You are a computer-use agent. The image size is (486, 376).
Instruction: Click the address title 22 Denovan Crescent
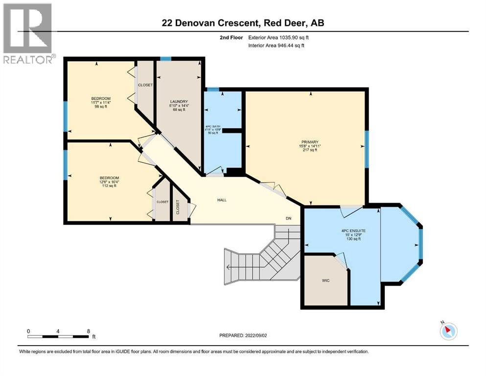pyautogui.click(x=242, y=23)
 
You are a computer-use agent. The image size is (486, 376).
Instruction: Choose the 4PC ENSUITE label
pyautogui.click(x=354, y=231)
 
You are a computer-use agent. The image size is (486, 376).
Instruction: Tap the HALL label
pyautogui.click(x=222, y=200)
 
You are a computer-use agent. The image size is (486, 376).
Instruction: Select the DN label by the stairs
pyautogui.click(x=289, y=218)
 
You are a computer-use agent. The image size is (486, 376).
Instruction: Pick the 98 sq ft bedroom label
pyautogui.click(x=100, y=102)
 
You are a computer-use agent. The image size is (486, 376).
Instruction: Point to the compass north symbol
pyautogui.click(x=448, y=331)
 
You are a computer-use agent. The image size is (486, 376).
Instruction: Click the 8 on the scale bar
pyautogui.click(x=88, y=331)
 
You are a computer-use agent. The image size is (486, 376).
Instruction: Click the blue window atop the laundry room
pyautogui.click(x=166, y=59)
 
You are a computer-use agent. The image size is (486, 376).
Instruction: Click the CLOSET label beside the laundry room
pyautogui.click(x=145, y=85)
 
